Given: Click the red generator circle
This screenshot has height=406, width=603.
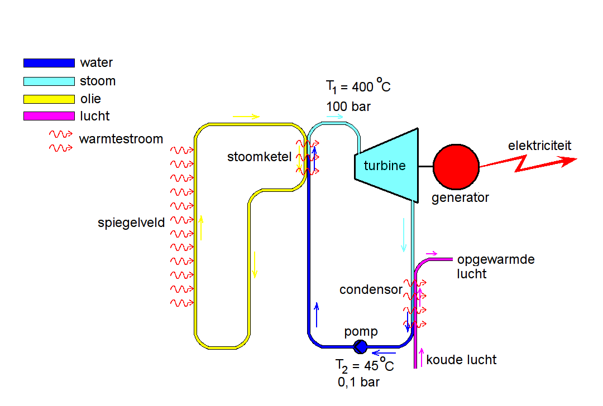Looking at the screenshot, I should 456,166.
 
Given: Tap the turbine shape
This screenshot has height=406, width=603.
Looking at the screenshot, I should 387,166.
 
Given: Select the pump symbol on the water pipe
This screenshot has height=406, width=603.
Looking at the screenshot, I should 361,347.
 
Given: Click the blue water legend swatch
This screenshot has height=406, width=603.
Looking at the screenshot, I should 49,63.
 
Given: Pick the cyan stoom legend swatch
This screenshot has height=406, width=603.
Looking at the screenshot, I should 49,81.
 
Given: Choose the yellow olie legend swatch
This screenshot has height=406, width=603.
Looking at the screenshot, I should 49,99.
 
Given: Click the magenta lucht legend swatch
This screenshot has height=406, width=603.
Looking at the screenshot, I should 49,116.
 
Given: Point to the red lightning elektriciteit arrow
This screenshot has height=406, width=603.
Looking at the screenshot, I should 528,162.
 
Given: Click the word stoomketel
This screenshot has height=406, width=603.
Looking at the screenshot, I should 259,157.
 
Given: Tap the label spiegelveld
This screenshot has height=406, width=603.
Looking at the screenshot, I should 131,223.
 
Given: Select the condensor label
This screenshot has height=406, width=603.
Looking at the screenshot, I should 370,289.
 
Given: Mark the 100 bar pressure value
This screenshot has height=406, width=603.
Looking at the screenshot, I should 348,107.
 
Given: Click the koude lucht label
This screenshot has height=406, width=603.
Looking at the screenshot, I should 461,360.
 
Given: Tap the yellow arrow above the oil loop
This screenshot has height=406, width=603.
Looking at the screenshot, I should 246,117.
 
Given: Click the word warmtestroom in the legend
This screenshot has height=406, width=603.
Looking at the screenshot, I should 121,138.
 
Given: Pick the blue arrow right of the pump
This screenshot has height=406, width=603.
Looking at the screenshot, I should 384,352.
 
